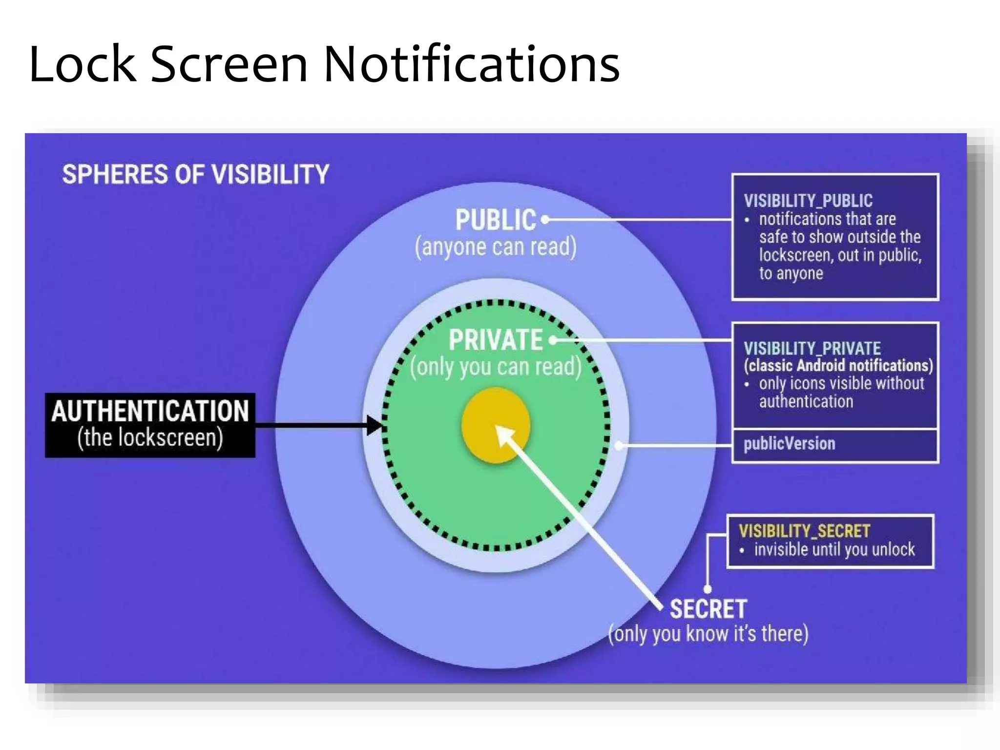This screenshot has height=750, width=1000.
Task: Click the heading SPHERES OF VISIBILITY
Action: (x=195, y=174)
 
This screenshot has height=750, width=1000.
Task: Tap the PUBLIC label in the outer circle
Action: (x=495, y=220)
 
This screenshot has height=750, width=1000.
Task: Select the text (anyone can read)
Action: (x=495, y=247)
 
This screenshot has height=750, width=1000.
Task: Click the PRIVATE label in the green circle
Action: (x=495, y=340)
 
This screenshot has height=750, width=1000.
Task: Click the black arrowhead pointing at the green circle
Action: (x=375, y=425)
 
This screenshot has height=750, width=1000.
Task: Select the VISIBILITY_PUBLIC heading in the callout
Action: (x=808, y=201)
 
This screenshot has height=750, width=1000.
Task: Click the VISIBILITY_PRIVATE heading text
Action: (x=812, y=349)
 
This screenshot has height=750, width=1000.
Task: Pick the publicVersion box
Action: (x=835, y=444)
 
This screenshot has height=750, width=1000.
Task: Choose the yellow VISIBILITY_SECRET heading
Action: (x=804, y=531)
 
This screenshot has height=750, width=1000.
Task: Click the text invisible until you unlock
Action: (x=834, y=550)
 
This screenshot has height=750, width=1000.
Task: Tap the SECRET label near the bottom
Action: (x=708, y=609)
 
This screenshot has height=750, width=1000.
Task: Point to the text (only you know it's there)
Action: (x=708, y=634)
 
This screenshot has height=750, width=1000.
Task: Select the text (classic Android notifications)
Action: (x=838, y=366)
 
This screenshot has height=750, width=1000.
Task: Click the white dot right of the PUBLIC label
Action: (x=545, y=220)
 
